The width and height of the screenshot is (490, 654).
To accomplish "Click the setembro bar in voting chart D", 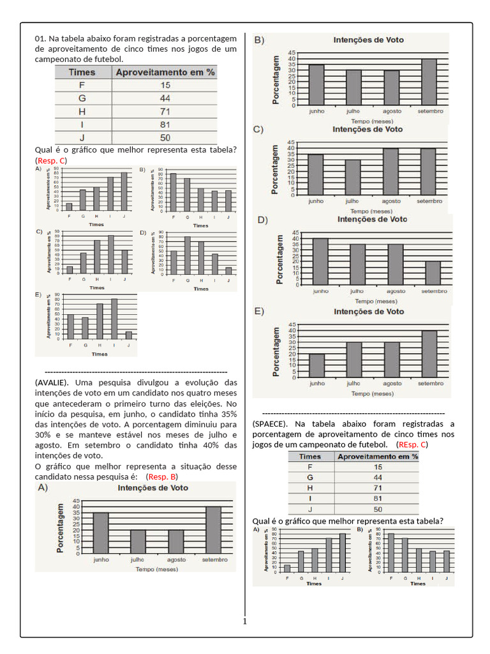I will pyautogui.click(x=433, y=273).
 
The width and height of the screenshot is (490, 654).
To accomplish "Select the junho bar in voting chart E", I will pyautogui.click(x=316, y=365).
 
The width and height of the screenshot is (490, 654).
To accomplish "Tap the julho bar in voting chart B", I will pyautogui.click(x=353, y=87).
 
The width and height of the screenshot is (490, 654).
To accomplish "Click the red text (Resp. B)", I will pyautogui.click(x=161, y=476).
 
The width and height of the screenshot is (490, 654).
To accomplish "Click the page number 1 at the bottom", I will pyautogui.click(x=244, y=621).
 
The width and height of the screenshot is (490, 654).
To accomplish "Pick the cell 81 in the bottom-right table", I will pyautogui.click(x=377, y=498).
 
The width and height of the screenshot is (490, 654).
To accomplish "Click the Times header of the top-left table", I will pyautogui.click(x=82, y=72).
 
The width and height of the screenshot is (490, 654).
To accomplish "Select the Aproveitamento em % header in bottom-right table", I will pyautogui.click(x=377, y=457).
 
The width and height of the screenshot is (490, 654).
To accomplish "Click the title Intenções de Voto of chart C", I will pyautogui.click(x=368, y=129).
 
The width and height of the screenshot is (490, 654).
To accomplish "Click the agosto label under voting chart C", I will pyautogui.click(x=391, y=201).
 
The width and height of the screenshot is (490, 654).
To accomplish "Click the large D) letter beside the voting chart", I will pyautogui.click(x=262, y=220).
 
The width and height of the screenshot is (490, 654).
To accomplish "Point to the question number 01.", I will pyautogui.click(x=41, y=39).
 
